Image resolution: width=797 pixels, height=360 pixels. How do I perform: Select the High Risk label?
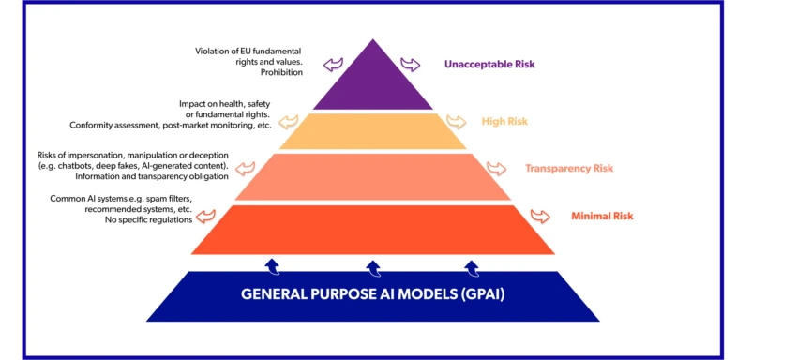click(505, 122)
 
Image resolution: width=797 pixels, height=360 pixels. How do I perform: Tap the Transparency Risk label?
click(569, 169)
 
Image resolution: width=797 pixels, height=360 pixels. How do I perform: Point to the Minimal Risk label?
click(602, 217)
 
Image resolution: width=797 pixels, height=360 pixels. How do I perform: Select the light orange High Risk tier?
click(372, 131)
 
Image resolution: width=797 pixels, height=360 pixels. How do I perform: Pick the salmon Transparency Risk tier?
click(372, 177)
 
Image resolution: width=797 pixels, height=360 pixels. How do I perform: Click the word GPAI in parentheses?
click(481, 293)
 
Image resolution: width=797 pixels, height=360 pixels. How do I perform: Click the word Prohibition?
click(282, 73)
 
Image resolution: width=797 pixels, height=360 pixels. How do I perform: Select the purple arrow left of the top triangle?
click(334, 64)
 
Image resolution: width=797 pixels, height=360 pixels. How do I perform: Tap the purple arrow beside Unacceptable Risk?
click(411, 64)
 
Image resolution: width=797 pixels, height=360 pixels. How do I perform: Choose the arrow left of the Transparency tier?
click(246, 169)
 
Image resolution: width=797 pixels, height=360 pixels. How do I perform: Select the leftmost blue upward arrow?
click(272, 266)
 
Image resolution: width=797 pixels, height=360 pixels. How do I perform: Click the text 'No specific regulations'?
click(150, 219)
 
